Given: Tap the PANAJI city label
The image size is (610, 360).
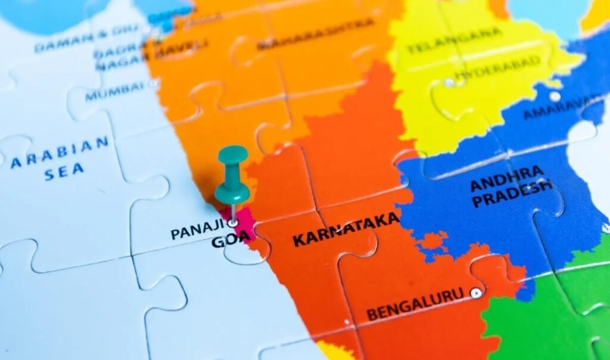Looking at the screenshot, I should click(x=197, y=229).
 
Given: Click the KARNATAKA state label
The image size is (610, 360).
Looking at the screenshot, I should click(x=346, y=230).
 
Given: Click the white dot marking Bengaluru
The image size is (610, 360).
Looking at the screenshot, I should click(x=475, y=293).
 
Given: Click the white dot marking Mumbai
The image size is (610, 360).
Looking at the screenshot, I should click(x=153, y=83).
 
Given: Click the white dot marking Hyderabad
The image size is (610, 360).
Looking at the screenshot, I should click(x=449, y=82).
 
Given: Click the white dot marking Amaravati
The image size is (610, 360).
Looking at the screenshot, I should click(x=555, y=96).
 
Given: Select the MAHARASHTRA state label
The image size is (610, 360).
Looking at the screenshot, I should click(x=316, y=35).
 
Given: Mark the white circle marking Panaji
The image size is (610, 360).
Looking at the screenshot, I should click(x=233, y=223).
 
